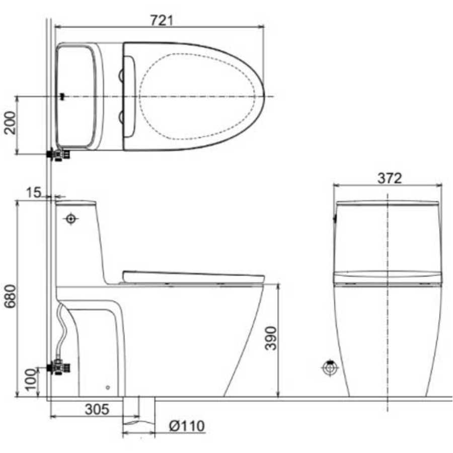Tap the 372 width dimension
click(388, 178)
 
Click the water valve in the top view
click(59, 154)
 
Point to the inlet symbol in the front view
click(330, 368)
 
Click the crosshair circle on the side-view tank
click(70, 219)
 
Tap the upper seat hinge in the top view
click(121, 75)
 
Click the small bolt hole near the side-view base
click(107, 388)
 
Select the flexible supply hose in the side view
click(63, 332)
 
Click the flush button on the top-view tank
click(62, 96)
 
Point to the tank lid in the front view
click(388, 204)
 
